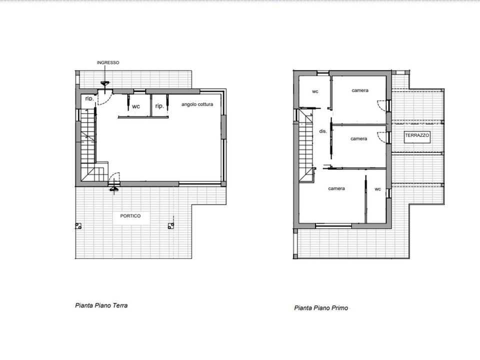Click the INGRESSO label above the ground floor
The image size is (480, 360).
(108, 62)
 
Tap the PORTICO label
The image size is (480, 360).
(130, 216)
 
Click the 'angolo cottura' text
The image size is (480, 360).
(197, 104)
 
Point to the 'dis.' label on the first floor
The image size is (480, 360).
(323, 131)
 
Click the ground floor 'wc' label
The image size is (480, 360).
(136, 106)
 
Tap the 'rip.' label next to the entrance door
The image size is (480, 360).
(89, 98)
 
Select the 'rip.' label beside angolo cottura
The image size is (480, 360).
(159, 106)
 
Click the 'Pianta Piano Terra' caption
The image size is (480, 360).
(101, 305)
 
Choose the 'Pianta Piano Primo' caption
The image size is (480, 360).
(321, 307)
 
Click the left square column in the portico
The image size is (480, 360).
(78, 226)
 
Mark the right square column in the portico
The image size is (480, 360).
(171, 226)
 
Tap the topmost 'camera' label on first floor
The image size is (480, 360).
(360, 90)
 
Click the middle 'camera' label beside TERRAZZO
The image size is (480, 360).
(359, 138)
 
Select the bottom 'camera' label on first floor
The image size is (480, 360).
(336, 188)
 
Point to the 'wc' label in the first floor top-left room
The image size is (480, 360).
(315, 91)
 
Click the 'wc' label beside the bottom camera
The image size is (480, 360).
(378, 189)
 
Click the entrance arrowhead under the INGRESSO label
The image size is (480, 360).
(105, 83)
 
